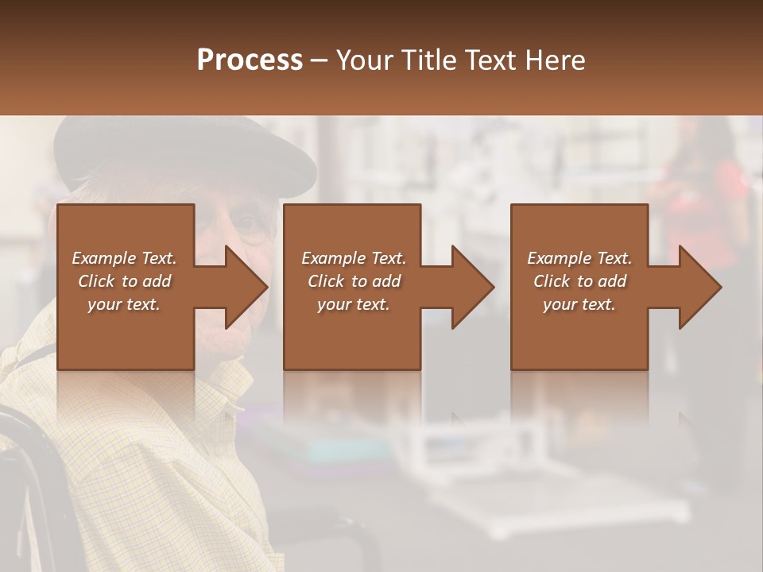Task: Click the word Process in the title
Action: point(250,60)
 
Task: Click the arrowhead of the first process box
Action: point(246,287)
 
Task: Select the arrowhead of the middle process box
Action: point(472,287)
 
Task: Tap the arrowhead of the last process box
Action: point(699,287)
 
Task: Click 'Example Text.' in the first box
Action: point(124,258)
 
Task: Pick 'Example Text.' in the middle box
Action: point(354,258)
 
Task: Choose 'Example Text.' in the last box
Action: point(579,258)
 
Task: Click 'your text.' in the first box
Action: point(124,304)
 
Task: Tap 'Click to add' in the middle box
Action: point(354,281)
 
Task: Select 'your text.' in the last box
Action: point(579,304)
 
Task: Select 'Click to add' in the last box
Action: point(579,281)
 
